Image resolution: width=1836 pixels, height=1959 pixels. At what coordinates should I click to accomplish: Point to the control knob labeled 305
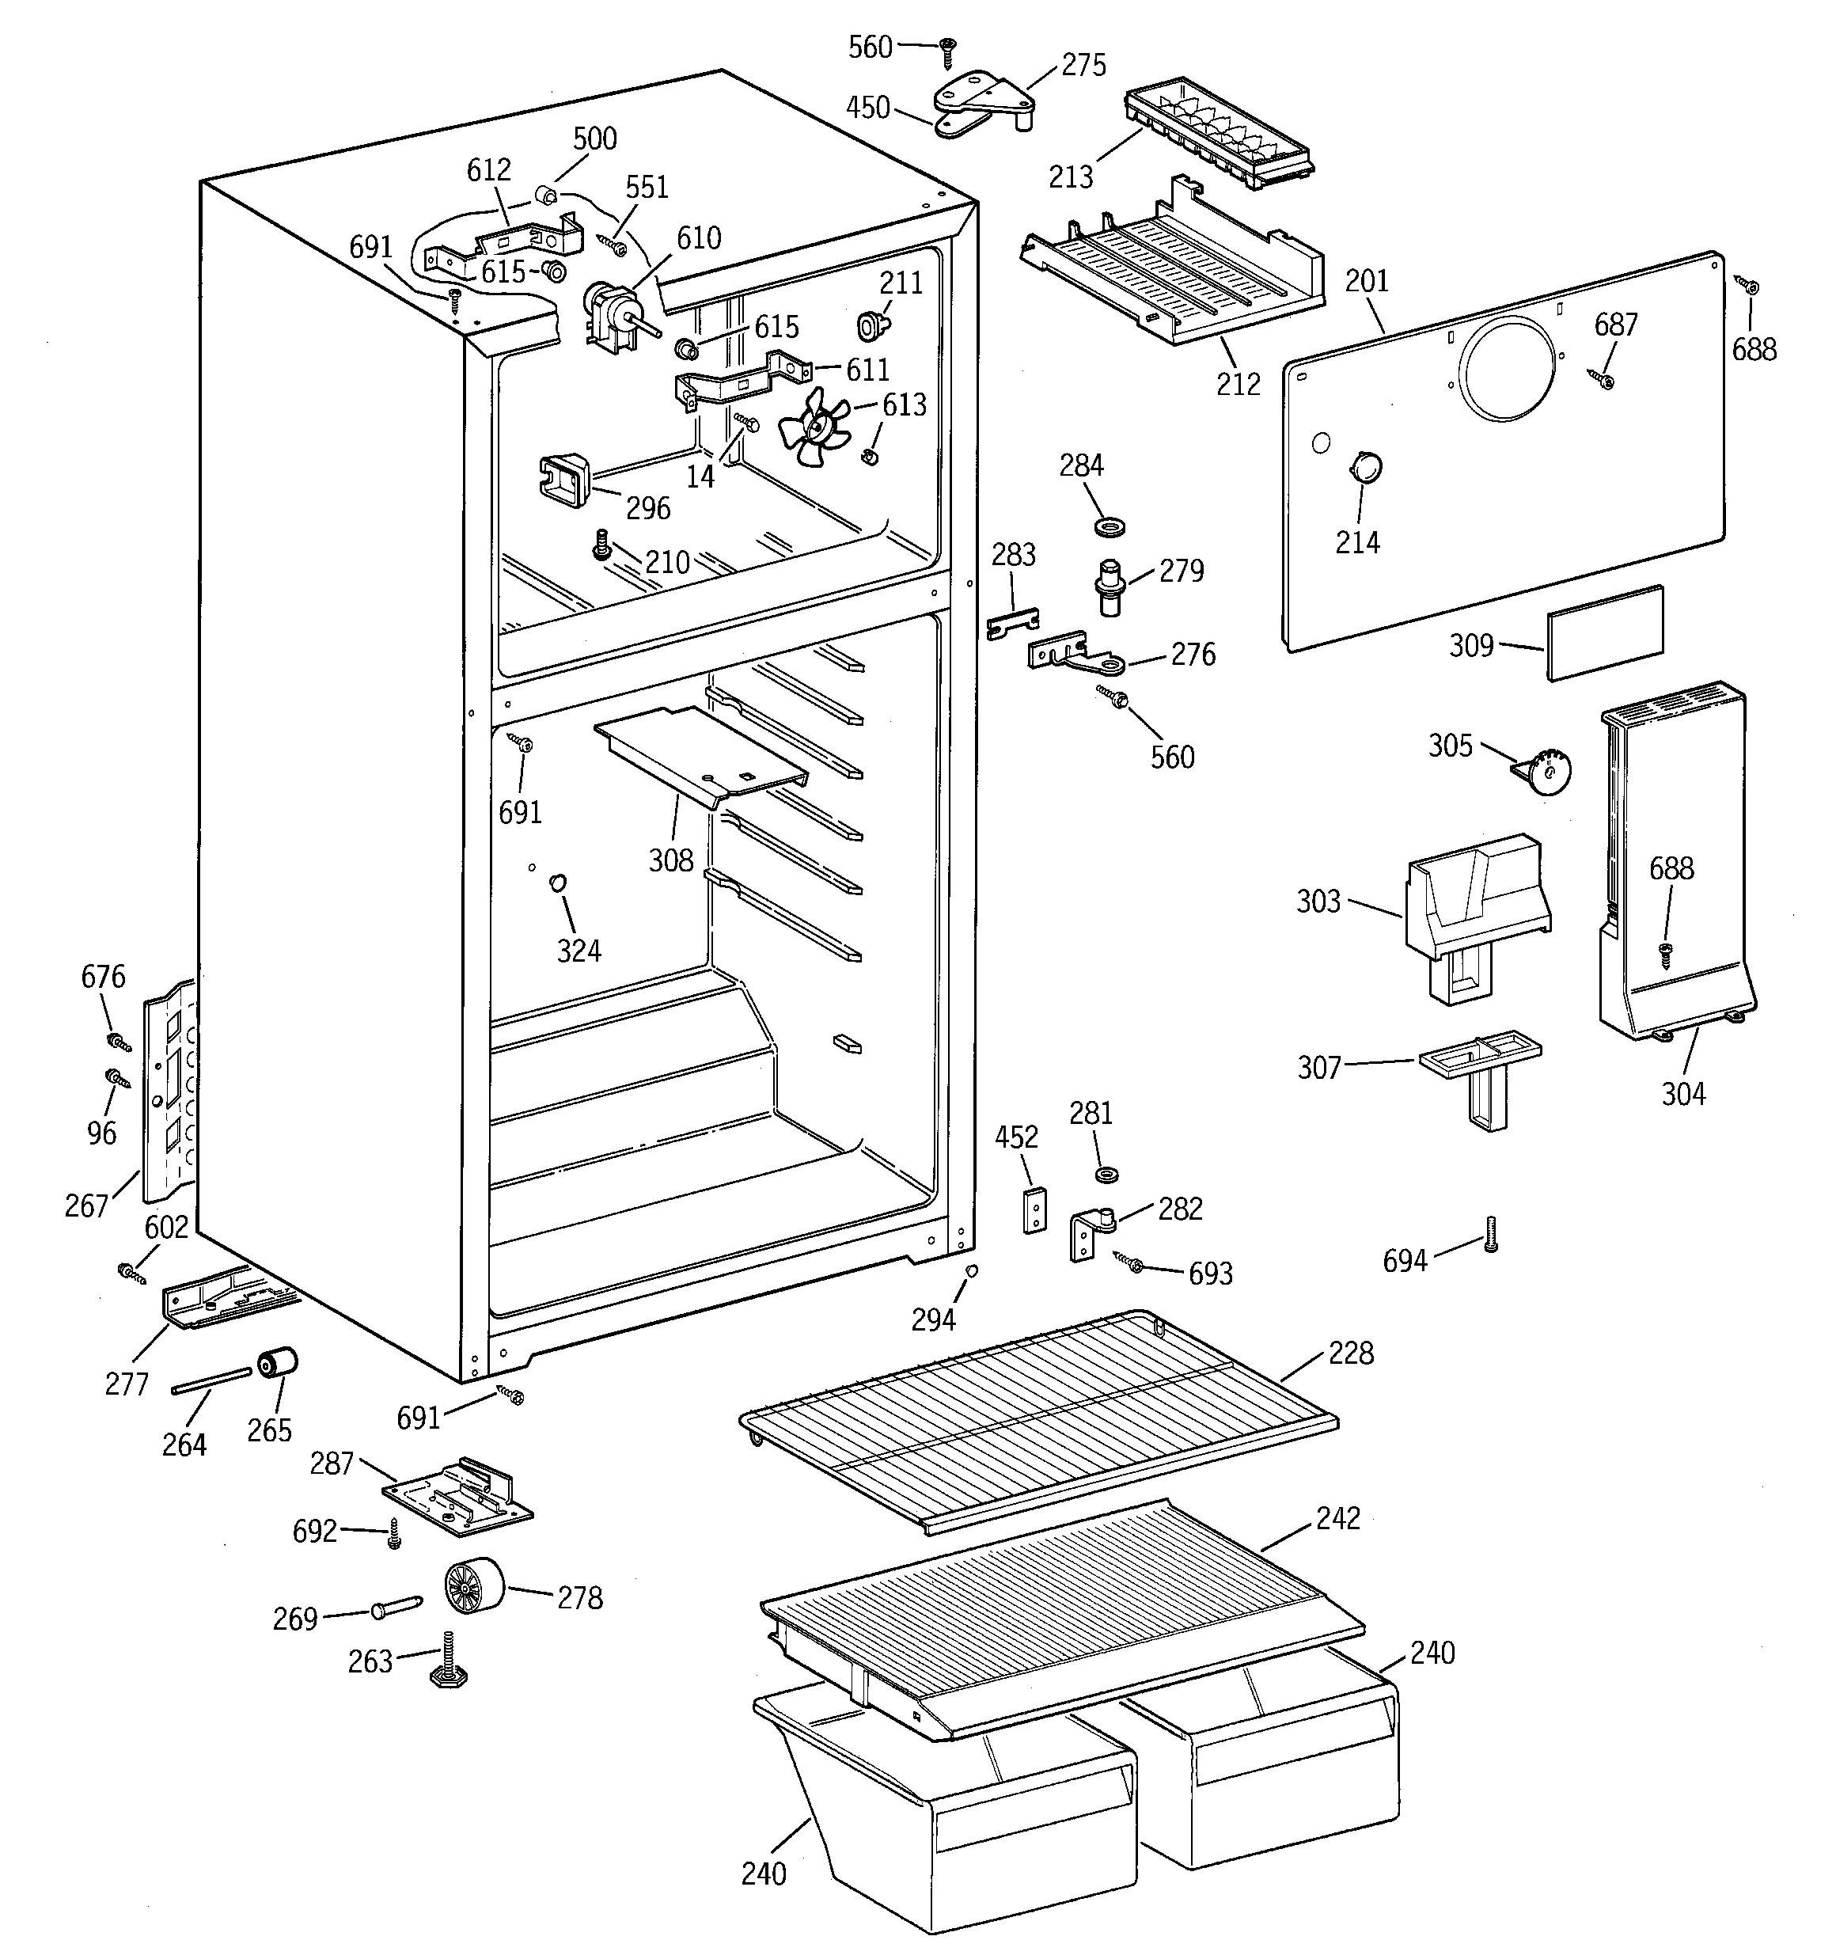click(x=1547, y=771)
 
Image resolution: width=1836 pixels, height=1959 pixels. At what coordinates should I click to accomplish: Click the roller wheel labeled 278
click(x=472, y=1589)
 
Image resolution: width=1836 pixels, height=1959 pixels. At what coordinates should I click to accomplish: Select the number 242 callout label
click(x=1337, y=1518)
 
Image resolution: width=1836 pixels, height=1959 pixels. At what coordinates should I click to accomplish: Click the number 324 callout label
click(x=578, y=951)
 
